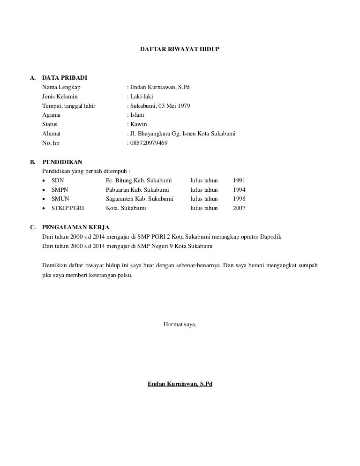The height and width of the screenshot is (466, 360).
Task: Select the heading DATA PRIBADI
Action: click(64, 77)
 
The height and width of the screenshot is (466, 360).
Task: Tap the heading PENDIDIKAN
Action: click(62, 162)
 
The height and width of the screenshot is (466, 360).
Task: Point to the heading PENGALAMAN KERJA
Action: click(75, 227)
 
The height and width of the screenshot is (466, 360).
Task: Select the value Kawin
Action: click(139, 124)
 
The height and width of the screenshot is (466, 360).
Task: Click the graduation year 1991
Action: click(239, 180)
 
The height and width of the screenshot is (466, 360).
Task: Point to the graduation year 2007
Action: click(239, 209)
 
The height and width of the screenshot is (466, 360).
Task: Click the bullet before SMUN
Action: click(44, 199)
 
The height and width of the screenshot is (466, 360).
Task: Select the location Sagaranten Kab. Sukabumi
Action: click(139, 199)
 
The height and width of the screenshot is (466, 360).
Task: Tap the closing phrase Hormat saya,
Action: click(180, 324)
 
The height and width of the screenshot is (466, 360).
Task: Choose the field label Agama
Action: click(51, 115)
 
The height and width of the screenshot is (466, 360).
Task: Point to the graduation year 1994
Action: click(239, 190)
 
